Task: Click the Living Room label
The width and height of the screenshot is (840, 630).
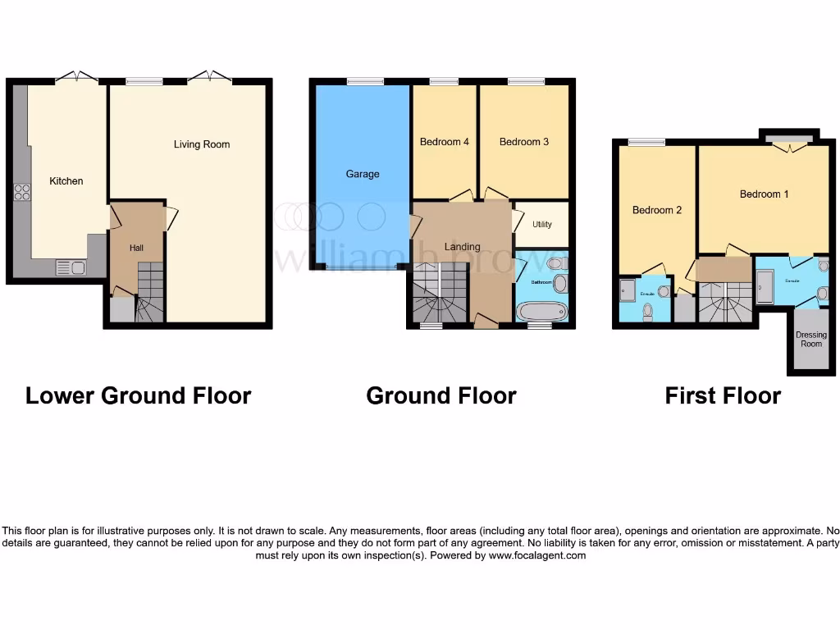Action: (202, 144)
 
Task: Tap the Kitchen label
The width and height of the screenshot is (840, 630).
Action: (66, 181)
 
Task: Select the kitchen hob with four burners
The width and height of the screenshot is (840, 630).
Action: (22, 192)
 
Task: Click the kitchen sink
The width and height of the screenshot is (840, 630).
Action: (71, 267)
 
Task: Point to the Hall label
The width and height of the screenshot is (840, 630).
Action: (136, 247)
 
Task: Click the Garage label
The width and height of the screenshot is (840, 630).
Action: (363, 174)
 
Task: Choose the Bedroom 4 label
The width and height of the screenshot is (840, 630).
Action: (444, 142)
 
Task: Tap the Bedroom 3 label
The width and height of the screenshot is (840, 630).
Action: (524, 142)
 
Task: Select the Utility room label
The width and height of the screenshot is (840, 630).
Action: (542, 224)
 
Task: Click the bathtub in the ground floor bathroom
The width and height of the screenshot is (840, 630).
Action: (542, 311)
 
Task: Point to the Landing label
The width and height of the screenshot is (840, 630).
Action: (462, 247)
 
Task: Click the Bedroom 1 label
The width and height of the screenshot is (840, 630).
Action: (764, 194)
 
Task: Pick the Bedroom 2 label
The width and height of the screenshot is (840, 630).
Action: (657, 210)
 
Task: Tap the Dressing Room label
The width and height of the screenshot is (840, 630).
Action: (810, 340)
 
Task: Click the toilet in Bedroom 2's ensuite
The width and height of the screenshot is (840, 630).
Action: (648, 310)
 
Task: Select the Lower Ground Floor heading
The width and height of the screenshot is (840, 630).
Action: (138, 395)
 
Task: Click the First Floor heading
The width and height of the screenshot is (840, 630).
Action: (723, 396)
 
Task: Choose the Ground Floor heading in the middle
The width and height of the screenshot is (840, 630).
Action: (441, 396)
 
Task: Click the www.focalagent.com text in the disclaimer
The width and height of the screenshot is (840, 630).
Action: (537, 555)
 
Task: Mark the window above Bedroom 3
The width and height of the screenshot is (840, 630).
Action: (526, 81)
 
